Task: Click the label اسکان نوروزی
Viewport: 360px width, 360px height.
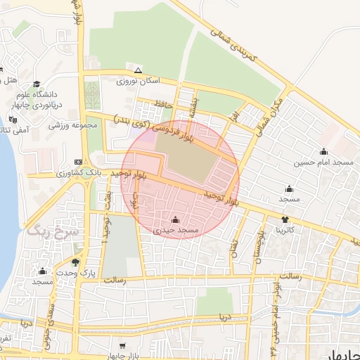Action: [139, 82]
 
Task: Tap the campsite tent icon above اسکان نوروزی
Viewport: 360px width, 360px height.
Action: [139, 70]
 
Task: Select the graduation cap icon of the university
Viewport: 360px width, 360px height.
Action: [37, 84]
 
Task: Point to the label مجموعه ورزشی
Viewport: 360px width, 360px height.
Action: [72, 125]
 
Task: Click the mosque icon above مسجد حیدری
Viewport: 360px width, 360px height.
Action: [176, 219]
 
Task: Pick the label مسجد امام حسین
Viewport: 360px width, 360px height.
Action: [323, 162]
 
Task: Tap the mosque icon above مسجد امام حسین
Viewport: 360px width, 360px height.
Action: [323, 151]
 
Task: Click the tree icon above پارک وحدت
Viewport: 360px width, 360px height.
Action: [85, 261]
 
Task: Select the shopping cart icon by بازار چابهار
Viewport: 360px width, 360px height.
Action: [122, 346]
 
